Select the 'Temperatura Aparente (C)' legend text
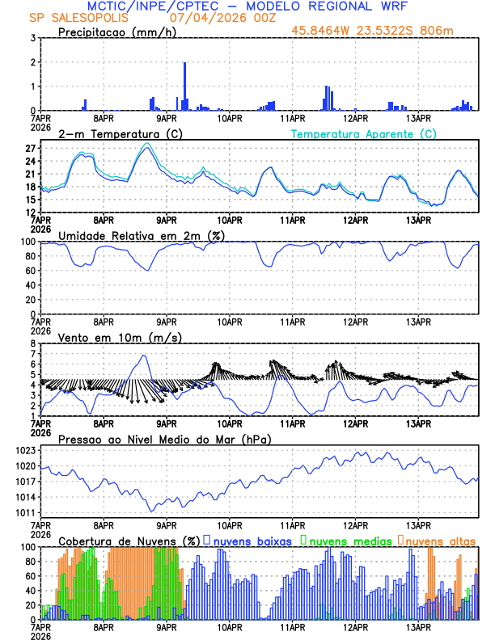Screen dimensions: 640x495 (x=363, y=133)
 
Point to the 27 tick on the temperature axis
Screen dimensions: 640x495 (x=30, y=149)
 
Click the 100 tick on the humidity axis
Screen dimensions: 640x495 (x=27, y=242)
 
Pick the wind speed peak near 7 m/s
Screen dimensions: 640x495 (x=145, y=356)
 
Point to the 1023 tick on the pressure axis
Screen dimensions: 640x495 (x=25, y=450)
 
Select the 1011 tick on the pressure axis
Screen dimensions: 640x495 (x=25, y=512)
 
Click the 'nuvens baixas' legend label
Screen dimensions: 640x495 (x=252, y=540)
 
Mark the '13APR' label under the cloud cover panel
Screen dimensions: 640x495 (x=418, y=626)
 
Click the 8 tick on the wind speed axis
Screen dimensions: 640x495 (x=35, y=343)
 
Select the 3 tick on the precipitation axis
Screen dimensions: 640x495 (x=34, y=38)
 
